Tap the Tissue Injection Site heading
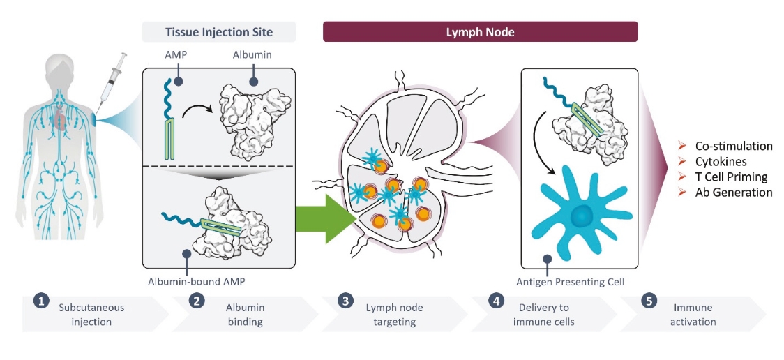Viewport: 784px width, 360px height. point(218,32)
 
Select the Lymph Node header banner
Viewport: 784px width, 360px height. point(480,32)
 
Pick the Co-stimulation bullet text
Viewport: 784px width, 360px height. point(733,147)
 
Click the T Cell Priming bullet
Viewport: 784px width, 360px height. point(731,177)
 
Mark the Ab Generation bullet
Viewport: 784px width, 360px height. point(733,193)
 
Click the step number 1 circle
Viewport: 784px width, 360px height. point(41,301)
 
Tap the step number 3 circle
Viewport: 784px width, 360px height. point(343,301)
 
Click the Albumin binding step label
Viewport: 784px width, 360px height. point(245,314)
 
